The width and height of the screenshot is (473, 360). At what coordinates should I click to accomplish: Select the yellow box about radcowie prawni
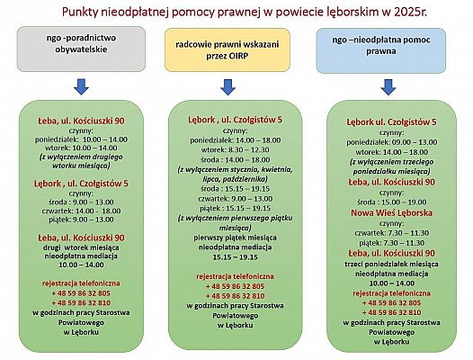pyautogui.click(x=235, y=50)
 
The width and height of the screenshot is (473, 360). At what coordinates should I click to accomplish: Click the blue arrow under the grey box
pyautogui.click(x=80, y=87)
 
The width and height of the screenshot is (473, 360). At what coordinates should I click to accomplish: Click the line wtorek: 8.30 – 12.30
pyautogui.click(x=235, y=150)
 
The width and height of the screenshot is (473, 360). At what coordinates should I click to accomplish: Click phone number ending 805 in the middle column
pyautogui.click(x=235, y=285)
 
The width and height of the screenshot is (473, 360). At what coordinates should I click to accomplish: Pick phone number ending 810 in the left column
pyautogui.click(x=80, y=302)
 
